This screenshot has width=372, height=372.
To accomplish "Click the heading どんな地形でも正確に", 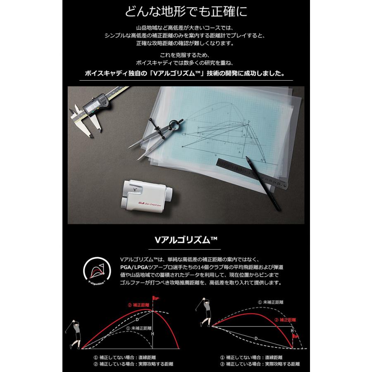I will (186, 11).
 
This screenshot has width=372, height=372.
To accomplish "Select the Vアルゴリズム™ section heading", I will (186, 240).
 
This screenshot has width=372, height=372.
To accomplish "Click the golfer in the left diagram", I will (74, 334).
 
